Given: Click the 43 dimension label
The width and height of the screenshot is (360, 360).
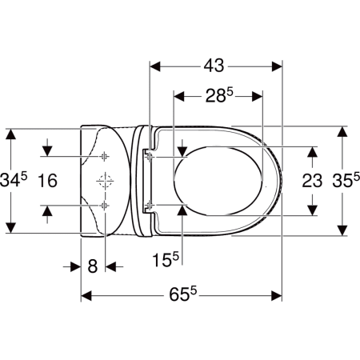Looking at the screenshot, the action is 214,66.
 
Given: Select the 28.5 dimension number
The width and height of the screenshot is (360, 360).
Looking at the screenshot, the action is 219,95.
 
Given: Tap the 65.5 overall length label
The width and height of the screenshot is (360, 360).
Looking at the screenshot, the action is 182,294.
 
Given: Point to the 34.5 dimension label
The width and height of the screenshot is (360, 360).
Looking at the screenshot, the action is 14,179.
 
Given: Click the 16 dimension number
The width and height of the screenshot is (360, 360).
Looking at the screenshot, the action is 47,181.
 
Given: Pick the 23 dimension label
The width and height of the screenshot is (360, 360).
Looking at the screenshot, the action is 312,181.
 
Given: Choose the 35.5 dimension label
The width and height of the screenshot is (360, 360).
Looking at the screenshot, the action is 346,181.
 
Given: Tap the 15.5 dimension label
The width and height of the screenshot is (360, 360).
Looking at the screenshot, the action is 166,259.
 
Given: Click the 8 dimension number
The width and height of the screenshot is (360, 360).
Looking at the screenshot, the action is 93,266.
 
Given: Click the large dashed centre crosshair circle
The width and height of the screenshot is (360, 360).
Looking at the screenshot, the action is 105,181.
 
